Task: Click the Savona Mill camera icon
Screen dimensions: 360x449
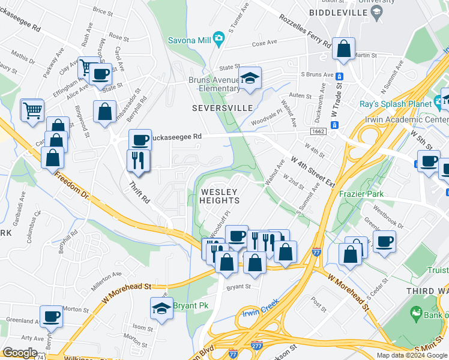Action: click(218, 39)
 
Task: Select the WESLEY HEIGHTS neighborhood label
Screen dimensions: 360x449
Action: click(220, 196)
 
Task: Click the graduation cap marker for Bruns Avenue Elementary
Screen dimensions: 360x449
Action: click(250, 77)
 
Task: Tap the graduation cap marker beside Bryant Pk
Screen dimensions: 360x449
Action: click(161, 308)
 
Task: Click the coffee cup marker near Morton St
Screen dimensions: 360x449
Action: click(51, 316)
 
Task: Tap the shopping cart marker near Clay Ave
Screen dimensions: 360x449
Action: click(88, 66)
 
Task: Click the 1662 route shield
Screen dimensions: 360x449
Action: click(318, 130)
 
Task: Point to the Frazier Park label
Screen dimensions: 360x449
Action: click(360, 194)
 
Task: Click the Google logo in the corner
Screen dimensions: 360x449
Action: click(20, 353)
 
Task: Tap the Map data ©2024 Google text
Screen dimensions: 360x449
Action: click(412, 355)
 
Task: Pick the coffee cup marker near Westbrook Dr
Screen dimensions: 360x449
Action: click(384, 241)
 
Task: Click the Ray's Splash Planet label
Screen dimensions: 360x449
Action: click(395, 103)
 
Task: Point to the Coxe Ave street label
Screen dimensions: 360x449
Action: click(265, 43)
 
